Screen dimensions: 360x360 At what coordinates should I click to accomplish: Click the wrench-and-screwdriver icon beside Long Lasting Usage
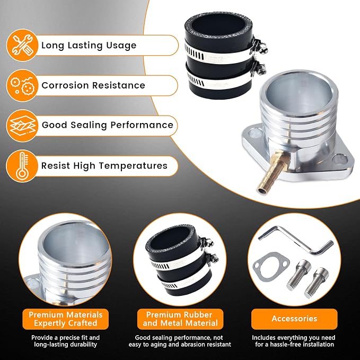[22, 45]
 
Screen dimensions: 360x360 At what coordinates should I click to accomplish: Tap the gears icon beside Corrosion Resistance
[22, 85]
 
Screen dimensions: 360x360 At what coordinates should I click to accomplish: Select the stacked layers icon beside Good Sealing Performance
[22, 126]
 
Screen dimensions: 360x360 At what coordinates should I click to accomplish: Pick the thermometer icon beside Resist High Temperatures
[22, 166]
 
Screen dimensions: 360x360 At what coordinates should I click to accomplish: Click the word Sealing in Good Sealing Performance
[89, 125]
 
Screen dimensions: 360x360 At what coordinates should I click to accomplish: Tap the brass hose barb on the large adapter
[273, 173]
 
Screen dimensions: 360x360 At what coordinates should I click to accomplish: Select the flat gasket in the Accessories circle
[271, 266]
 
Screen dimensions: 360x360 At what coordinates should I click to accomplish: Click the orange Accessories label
[294, 319]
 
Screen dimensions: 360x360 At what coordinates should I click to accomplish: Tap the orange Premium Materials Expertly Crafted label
[65, 319]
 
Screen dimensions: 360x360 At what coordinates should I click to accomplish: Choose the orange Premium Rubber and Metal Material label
[180, 319]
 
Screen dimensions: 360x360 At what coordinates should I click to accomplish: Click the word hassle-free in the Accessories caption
[289, 345]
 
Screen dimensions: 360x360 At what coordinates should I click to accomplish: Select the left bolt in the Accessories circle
[298, 274]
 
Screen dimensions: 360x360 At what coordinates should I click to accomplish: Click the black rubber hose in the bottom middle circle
[180, 259]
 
